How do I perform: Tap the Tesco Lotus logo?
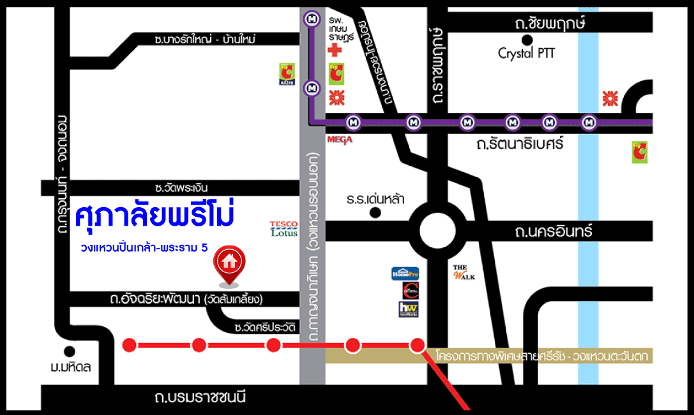coord(284,229)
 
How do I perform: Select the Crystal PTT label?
coord(526,54)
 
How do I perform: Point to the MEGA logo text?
coord(340,139)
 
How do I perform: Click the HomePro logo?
coord(405,273)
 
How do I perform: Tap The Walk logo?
coord(464,272)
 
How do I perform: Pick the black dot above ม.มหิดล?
coord(70,351)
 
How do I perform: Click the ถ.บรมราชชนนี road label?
coord(200,398)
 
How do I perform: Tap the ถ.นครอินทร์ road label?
coord(554,231)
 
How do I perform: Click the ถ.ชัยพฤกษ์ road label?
coord(550,24)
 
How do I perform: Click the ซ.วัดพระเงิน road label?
coord(181,187)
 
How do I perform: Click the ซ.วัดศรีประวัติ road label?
coord(257,327)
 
